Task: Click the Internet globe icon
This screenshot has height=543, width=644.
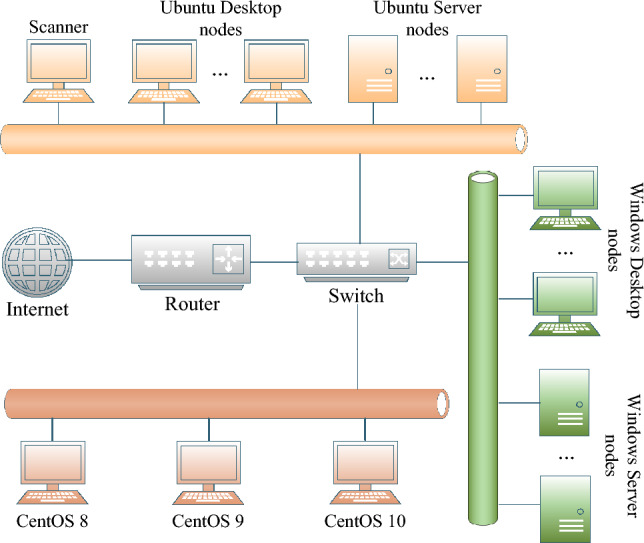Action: coord(37,262)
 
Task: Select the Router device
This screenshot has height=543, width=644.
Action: coord(191,262)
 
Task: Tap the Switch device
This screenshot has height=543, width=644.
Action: coord(356,262)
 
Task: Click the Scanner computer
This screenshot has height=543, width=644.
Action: coord(58,71)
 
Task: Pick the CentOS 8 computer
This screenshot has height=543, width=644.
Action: coord(52,473)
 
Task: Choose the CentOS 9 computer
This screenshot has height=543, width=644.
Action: coord(208,473)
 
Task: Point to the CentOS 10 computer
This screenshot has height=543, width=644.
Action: coord(365,473)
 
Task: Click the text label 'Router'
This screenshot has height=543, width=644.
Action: coord(192,304)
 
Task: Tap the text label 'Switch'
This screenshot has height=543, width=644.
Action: coord(356,296)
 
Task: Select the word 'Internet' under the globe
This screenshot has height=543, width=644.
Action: coord(37,309)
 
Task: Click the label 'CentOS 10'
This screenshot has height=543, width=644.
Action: coord(365,521)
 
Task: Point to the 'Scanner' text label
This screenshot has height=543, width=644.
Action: coord(58,27)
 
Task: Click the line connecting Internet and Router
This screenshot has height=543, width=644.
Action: coord(101,260)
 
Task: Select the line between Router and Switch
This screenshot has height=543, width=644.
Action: coord(274,262)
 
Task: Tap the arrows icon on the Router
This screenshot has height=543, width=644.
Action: coord(228,259)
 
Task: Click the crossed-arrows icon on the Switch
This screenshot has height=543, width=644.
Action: coord(398,259)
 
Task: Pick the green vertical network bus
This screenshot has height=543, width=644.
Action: coord(483,348)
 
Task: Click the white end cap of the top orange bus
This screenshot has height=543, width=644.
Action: coord(521,139)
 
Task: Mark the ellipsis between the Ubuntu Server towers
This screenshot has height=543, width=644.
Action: coord(427,77)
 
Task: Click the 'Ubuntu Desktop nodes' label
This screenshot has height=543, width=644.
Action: coord(221,18)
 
